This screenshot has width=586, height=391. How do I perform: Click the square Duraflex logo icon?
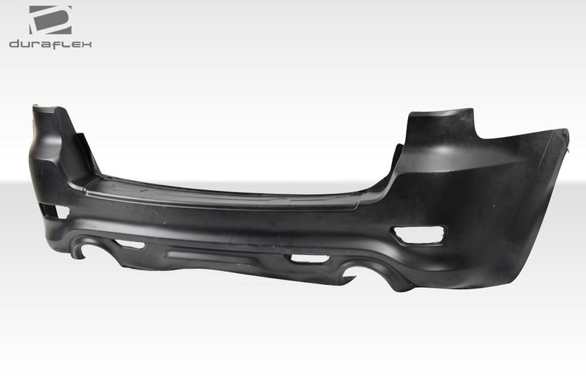click(x=51, y=20)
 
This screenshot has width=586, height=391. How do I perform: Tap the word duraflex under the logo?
click(x=51, y=44)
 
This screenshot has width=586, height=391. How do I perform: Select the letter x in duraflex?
click(x=87, y=44)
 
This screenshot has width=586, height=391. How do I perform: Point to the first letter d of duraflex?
click(x=14, y=44)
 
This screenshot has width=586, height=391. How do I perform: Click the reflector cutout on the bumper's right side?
click(x=418, y=235)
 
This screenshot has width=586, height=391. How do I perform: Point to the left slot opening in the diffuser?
click(x=130, y=244)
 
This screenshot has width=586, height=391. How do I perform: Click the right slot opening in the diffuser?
click(x=308, y=258)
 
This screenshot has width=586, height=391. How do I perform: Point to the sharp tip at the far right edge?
click(x=565, y=131)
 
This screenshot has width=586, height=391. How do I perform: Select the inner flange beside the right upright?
click(x=397, y=157)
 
